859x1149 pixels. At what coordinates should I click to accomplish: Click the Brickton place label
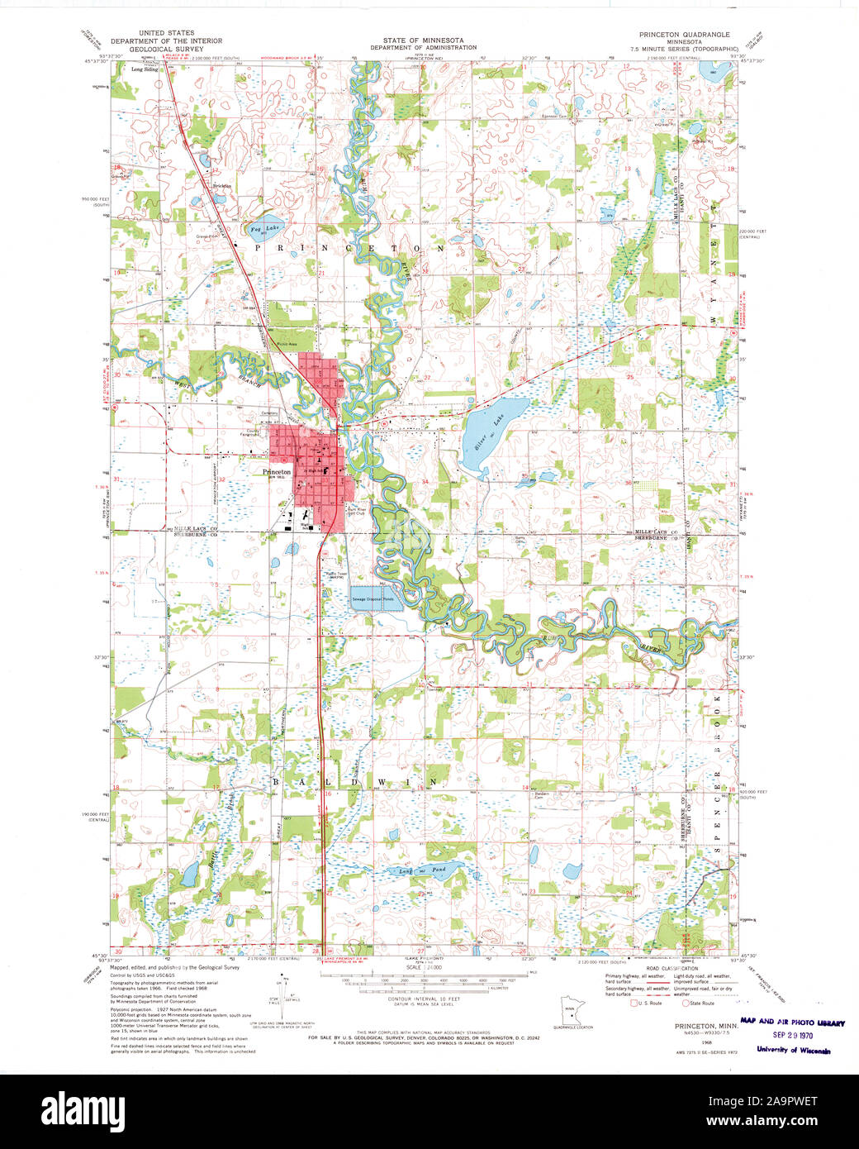click(222, 186)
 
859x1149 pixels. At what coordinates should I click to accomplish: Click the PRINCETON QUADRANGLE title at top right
click(684, 34)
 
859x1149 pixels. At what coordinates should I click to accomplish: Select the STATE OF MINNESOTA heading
click(422, 40)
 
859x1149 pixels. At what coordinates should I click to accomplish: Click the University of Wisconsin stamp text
click(793, 1051)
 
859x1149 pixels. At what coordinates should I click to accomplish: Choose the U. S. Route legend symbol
click(634, 1004)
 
